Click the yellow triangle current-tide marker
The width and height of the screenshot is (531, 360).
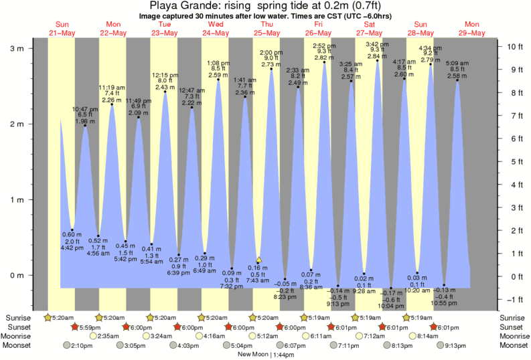click(259, 260)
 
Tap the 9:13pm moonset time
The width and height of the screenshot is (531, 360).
click(458, 345)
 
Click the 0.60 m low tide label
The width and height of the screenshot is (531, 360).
click(72, 235)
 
